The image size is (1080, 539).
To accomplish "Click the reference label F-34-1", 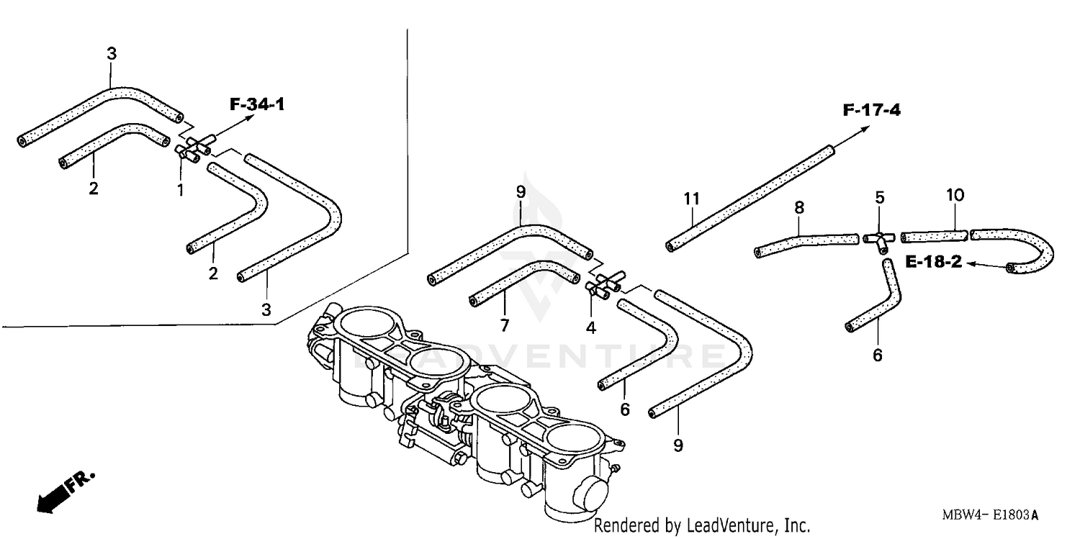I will [x=257, y=105].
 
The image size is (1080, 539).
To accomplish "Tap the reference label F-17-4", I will [x=871, y=111].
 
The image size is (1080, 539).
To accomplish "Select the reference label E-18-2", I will [x=933, y=263].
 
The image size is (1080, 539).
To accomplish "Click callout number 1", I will [x=180, y=189].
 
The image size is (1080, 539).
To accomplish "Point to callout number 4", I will [x=590, y=327].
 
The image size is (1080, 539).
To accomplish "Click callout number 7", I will [x=504, y=326].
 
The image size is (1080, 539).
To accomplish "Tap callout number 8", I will [x=798, y=208].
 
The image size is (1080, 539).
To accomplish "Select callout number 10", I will [x=955, y=195].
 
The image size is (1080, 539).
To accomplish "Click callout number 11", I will [x=691, y=198].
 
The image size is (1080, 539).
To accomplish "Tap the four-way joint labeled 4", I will [x=605, y=283].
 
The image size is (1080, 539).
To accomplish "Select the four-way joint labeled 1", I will [x=193, y=144].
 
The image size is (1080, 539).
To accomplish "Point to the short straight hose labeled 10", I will [x=935, y=235].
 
